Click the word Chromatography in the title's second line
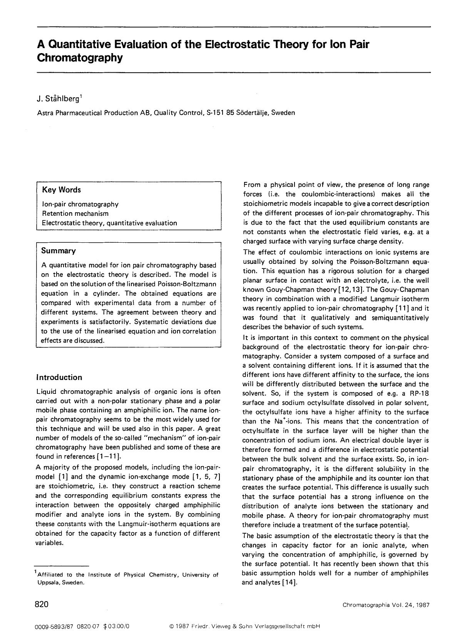(x=80, y=58)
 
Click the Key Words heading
(x=62, y=190)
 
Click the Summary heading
(x=59, y=251)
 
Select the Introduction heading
(x=59, y=377)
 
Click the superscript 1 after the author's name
(x=81, y=97)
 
